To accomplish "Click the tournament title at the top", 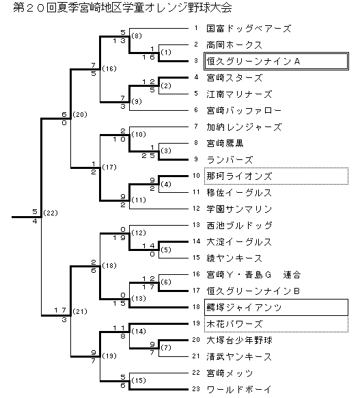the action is (122, 8).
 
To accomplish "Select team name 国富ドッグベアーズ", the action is (249, 29).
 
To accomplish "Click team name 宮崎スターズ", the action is (234, 78).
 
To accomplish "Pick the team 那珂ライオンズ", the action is (239, 176).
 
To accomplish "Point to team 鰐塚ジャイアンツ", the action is (244, 307).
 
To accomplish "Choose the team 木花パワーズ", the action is (234, 324).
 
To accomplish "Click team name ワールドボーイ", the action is (239, 389).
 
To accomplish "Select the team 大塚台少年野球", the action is (239, 340).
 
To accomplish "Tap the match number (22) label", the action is (51, 213).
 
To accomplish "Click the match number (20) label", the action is (80, 114).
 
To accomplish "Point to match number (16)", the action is (109, 68).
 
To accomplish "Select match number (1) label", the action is (166, 52).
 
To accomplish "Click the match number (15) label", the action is (139, 380).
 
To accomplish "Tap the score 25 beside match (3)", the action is (148, 156).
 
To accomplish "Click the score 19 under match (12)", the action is (119, 237).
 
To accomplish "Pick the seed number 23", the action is (196, 389).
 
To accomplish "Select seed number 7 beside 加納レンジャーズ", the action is (196, 127).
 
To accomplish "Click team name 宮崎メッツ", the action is (230, 373).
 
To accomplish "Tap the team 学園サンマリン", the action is (239, 209).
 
